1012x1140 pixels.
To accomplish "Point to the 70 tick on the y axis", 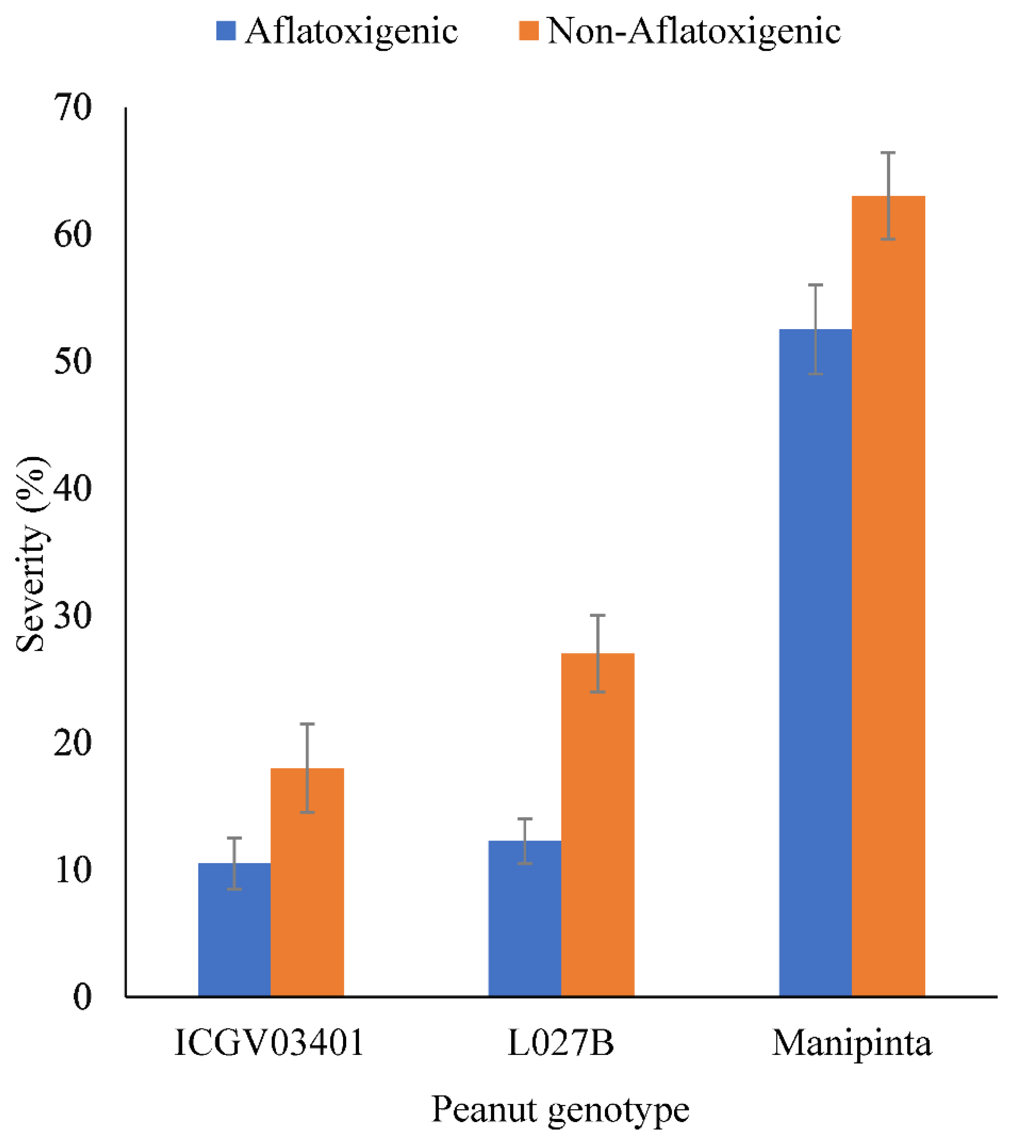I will pos(73,108).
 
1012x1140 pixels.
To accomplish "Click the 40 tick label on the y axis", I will pos(73,489).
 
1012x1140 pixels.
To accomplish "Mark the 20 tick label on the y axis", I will pos(73,743).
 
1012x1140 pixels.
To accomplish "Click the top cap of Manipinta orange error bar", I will pos(888,153).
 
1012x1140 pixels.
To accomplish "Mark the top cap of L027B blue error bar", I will pos(525,819).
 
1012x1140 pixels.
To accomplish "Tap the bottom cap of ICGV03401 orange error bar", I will pos(307,812).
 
